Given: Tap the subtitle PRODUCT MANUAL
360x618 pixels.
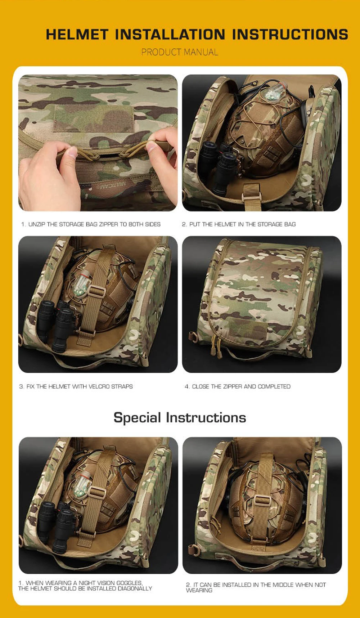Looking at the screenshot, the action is click(x=180, y=52).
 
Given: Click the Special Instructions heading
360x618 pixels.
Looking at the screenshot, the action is click(x=180, y=418).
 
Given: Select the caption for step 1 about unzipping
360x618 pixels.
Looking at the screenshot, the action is click(x=91, y=224).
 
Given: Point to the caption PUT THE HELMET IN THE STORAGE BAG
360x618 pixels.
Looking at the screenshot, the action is click(x=239, y=224).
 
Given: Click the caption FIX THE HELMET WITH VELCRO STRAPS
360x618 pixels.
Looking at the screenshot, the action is click(x=76, y=386).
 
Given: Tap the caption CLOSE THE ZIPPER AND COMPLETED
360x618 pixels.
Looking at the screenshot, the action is click(x=238, y=386).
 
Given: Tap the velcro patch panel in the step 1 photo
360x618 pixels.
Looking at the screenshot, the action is click(x=93, y=118).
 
